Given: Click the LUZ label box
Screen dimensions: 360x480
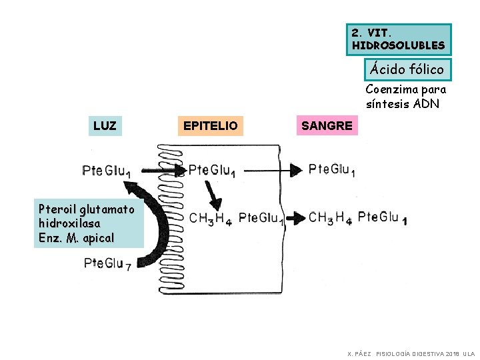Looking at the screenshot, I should [105, 125].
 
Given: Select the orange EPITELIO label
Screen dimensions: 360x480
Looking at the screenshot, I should [210, 125].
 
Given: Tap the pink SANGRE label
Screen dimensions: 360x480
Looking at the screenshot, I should [327, 125].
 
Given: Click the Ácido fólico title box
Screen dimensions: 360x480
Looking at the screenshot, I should [407, 69].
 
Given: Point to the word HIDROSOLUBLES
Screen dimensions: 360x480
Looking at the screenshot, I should [399, 45].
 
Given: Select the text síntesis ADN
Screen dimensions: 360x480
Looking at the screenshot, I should [402, 103].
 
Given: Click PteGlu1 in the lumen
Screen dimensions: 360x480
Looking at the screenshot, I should [106, 171].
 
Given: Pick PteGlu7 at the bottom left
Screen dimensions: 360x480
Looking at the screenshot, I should [107, 264].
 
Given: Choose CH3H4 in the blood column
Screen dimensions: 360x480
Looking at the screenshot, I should [330, 217].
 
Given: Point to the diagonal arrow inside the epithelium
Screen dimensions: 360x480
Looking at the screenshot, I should [213, 195].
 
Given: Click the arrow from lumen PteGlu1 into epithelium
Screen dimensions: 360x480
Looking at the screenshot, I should [163, 171].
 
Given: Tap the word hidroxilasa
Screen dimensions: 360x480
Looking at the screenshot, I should [70, 223].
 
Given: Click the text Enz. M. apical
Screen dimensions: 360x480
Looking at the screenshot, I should [77, 237].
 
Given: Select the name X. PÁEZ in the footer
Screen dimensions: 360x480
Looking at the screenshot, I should [359, 353].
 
